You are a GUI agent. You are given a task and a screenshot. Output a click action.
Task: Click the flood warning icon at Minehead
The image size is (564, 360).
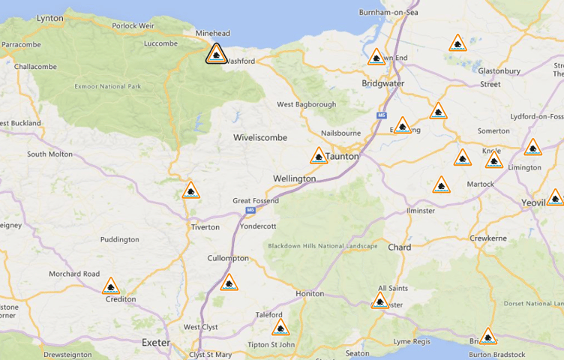click(216, 53)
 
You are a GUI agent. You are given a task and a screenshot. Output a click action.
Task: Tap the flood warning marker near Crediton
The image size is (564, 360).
click(111, 286)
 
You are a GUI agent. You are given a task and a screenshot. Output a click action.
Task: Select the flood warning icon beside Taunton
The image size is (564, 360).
click(319, 156)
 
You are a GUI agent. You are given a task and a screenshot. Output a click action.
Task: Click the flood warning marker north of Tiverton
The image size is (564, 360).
click(191, 190)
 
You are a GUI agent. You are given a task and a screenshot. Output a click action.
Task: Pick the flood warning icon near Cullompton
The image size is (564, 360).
click(229, 283)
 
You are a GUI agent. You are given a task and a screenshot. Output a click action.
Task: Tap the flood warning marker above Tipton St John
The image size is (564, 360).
click(280, 327)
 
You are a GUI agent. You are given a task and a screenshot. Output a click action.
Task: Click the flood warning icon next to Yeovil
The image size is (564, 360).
click(555, 198)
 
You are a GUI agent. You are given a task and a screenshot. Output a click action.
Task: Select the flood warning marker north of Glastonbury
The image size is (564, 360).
click(457, 43)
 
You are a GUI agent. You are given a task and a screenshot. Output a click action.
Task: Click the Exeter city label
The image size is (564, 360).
click(156, 343)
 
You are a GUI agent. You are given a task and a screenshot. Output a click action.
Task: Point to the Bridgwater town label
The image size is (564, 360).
click(382, 82)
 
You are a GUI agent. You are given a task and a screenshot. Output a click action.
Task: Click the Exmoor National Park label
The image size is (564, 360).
click(108, 86)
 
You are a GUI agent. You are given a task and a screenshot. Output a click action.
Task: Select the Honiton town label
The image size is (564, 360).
click(310, 293)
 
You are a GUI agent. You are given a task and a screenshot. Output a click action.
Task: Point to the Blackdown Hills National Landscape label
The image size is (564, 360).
click(322, 246)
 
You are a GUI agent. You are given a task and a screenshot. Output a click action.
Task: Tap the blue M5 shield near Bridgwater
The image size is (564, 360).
click(381, 115)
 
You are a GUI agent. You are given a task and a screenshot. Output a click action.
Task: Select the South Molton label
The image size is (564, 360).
click(49, 154)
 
